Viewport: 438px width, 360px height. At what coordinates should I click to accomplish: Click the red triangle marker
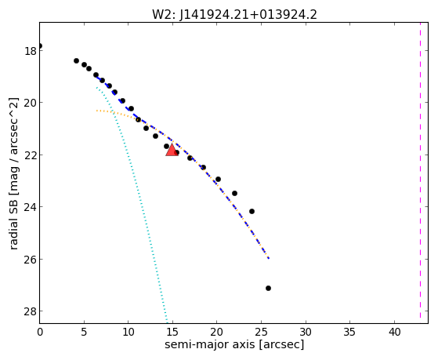click(172, 150)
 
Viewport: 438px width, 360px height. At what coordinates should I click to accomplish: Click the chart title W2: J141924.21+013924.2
click(234, 14)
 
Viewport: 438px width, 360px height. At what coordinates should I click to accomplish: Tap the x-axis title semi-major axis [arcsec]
click(234, 344)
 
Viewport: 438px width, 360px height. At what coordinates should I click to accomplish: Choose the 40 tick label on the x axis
click(394, 333)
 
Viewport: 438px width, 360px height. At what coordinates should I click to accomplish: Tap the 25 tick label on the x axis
click(261, 333)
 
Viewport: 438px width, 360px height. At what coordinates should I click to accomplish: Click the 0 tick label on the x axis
click(40, 333)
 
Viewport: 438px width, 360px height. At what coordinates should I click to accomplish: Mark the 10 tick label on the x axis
click(129, 333)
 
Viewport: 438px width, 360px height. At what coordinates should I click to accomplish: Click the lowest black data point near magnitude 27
click(268, 288)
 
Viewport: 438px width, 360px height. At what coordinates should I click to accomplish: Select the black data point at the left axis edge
click(40, 45)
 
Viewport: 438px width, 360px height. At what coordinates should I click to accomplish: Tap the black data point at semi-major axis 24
click(252, 211)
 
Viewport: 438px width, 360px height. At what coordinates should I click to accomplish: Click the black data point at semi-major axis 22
click(234, 193)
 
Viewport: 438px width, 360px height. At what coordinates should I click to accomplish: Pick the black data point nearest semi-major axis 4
click(76, 60)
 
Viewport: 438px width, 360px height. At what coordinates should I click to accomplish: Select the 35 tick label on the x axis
click(349, 333)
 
